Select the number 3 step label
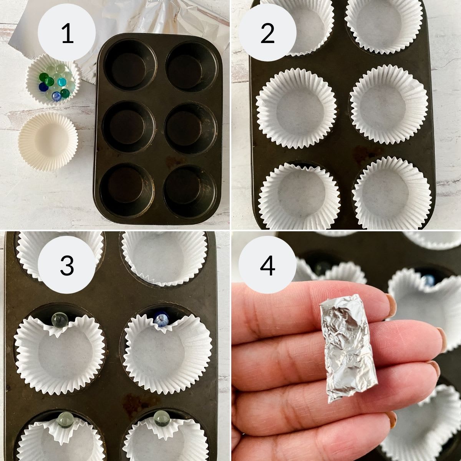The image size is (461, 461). click(x=67, y=265)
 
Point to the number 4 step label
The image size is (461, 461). click(x=267, y=265)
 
